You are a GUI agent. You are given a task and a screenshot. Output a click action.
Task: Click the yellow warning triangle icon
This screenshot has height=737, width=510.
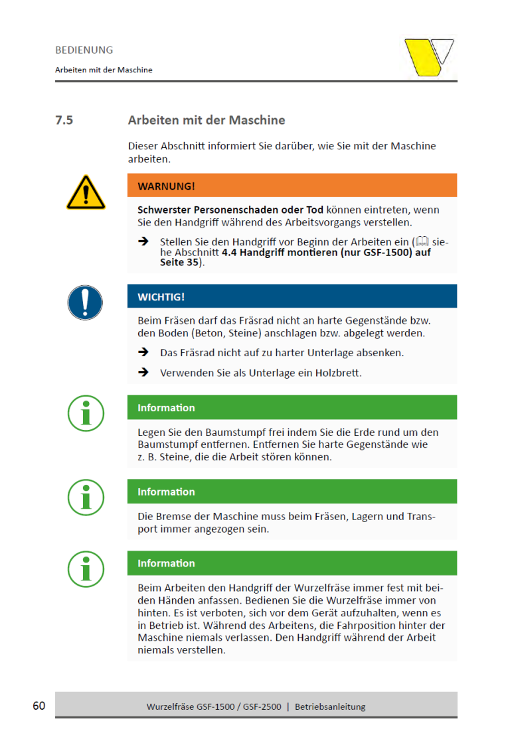click(x=86, y=193)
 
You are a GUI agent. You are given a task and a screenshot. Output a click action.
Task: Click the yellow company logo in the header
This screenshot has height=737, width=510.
click(x=428, y=58)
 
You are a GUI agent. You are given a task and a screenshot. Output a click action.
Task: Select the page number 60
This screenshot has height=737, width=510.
click(x=39, y=705)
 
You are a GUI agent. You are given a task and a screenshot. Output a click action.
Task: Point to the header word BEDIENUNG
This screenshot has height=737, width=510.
click(x=84, y=50)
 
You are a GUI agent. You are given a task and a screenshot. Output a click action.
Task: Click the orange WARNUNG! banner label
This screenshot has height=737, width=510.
click(x=166, y=186)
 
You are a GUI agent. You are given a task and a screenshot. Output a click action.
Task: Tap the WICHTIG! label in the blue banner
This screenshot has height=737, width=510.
click(x=161, y=296)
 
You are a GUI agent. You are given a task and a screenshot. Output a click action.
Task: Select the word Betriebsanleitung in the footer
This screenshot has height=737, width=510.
click(x=330, y=706)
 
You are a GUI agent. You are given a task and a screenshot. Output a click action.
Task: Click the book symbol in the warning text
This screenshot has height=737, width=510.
click(x=421, y=242)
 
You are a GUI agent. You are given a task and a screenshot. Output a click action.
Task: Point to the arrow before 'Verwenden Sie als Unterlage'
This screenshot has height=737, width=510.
click(x=143, y=373)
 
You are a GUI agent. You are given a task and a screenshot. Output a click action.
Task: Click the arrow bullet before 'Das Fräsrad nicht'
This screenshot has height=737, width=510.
click(x=143, y=352)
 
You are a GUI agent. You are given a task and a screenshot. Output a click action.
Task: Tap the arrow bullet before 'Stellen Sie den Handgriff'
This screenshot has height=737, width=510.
click(x=143, y=242)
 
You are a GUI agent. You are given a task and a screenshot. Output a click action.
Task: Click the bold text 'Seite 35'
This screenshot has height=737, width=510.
click(x=179, y=263)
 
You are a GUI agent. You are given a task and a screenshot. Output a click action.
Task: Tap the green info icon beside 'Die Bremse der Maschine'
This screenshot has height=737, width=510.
click(x=86, y=496)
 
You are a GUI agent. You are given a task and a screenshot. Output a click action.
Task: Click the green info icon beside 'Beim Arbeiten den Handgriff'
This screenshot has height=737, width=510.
click(x=86, y=568)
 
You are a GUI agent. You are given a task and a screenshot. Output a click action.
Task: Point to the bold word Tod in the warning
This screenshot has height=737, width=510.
click(x=314, y=210)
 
